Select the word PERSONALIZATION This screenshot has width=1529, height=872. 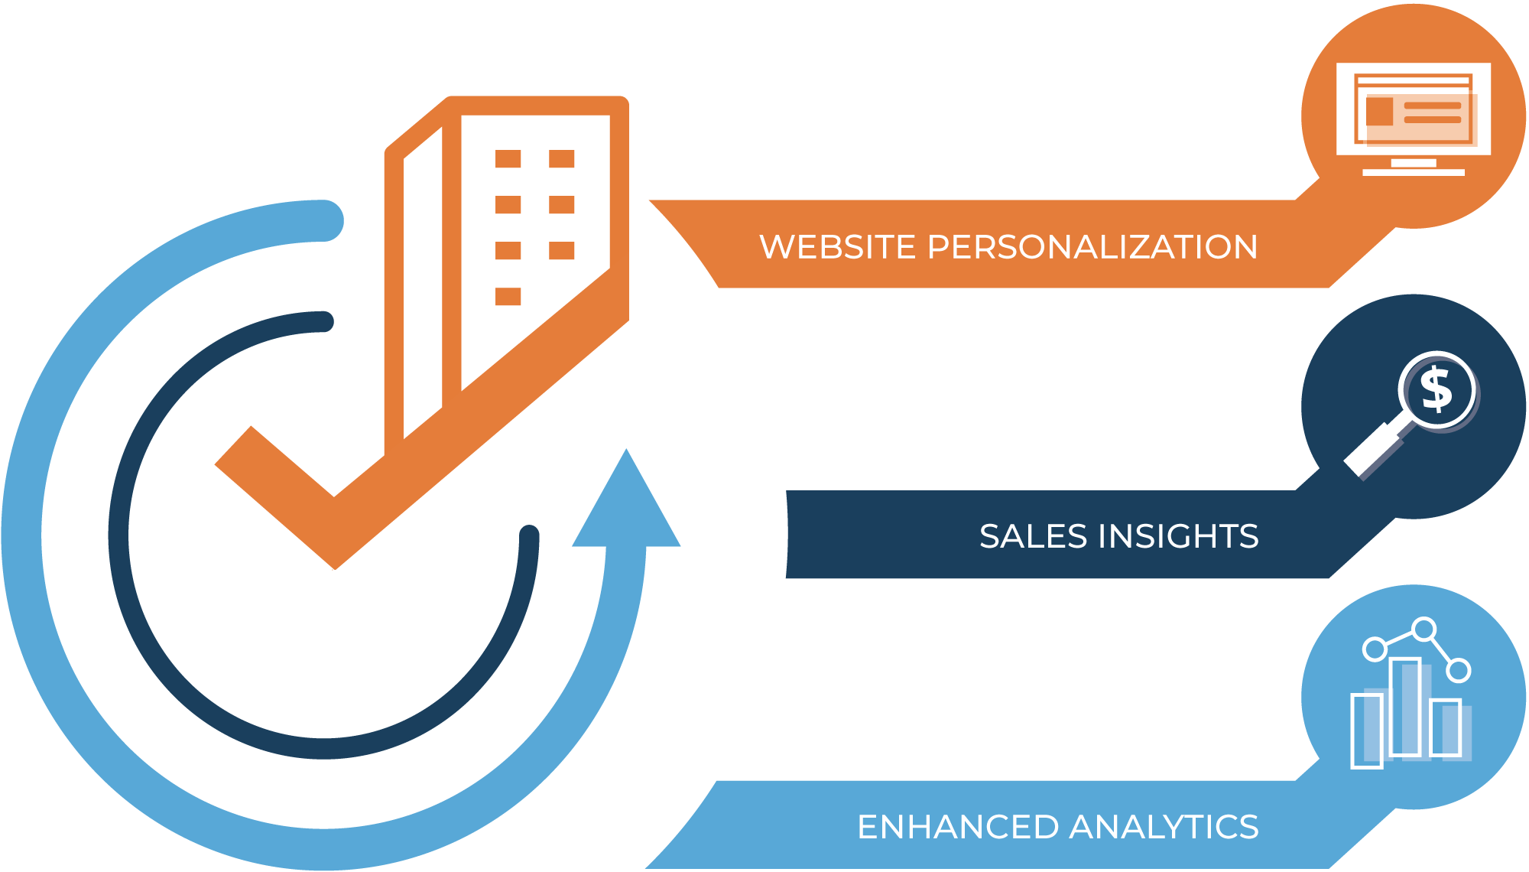click(x=1092, y=247)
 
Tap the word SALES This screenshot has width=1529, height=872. click(x=1033, y=536)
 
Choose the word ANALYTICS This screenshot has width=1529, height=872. click(x=1164, y=827)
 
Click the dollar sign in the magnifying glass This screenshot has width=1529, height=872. click(x=1436, y=389)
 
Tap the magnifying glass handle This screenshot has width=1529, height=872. click(x=1372, y=451)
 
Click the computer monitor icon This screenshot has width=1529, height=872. click(x=1414, y=119)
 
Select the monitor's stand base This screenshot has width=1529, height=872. click(x=1414, y=172)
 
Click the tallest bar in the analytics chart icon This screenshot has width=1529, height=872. click(x=1405, y=707)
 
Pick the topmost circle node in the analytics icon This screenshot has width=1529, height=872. click(x=1423, y=629)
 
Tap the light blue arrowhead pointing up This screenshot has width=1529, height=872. click(x=626, y=505)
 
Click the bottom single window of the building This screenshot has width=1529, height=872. click(x=508, y=296)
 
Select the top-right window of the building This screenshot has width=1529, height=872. click(x=561, y=158)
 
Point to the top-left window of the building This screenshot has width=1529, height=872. click(x=508, y=158)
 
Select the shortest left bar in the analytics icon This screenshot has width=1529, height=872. click(x=1367, y=730)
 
